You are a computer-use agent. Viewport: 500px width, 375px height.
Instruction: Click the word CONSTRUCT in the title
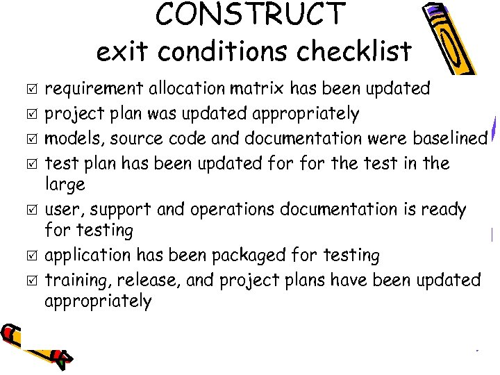[251, 15]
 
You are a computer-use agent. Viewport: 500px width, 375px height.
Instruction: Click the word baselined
[450, 138]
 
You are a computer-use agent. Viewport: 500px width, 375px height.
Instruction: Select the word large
[65, 185]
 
